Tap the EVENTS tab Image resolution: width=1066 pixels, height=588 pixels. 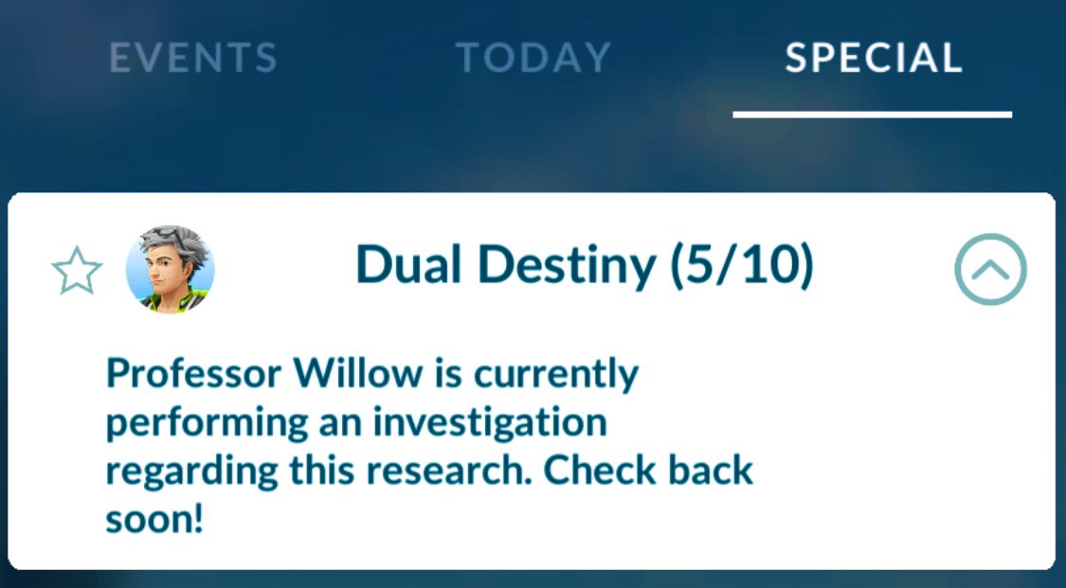click(x=192, y=59)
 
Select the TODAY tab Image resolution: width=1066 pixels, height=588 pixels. click(x=533, y=59)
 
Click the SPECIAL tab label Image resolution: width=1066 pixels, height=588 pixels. click(x=873, y=59)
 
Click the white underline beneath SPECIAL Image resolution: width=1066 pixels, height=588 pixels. click(x=872, y=115)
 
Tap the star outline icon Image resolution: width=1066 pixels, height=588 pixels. click(x=76, y=272)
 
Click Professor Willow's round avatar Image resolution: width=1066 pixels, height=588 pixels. click(x=171, y=270)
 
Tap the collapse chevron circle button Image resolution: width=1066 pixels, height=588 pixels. click(x=990, y=270)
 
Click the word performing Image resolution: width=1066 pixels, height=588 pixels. click(x=198, y=423)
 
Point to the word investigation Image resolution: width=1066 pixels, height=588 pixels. click(x=488, y=422)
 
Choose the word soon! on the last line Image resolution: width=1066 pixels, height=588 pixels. click(x=154, y=519)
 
